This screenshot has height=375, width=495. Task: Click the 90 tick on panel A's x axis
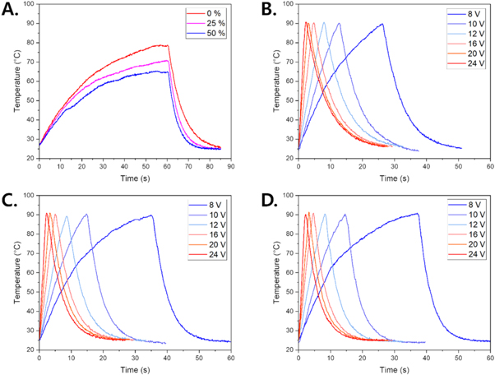(231, 165)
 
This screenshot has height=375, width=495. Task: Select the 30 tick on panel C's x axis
(135, 357)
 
